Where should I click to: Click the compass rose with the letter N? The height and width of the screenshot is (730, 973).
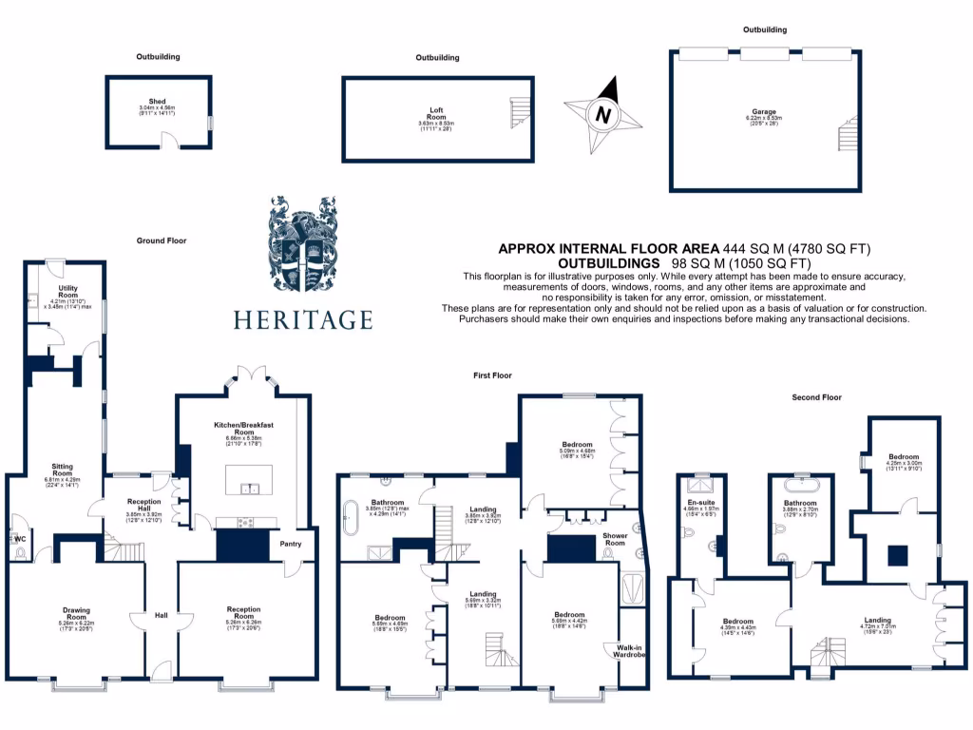tap(601, 115)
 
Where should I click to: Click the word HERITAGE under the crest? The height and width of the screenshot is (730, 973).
tap(303, 319)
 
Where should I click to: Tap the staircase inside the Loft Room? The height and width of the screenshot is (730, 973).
tap(519, 113)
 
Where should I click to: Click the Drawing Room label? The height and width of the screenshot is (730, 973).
tap(76, 613)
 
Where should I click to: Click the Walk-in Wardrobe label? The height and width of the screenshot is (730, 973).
tap(623, 650)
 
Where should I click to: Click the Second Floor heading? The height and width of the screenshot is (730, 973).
tap(817, 397)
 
